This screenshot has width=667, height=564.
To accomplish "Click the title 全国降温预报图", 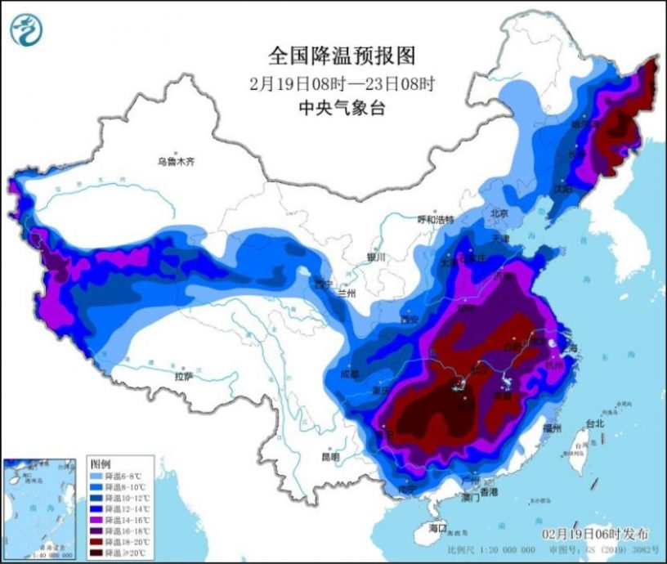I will [x=342, y=56].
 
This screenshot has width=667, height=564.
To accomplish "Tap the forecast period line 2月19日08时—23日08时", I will [x=342, y=83].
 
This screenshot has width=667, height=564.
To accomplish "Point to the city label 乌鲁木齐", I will [x=177, y=162].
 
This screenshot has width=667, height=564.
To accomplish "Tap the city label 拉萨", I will [x=184, y=376].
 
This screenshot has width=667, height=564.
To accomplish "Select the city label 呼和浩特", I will [x=435, y=220].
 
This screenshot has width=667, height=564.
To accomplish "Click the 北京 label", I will [x=499, y=213].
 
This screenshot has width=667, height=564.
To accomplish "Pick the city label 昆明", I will [x=330, y=456].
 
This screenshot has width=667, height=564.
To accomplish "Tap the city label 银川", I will [x=376, y=257].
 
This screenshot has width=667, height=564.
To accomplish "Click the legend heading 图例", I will [x=100, y=462].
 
